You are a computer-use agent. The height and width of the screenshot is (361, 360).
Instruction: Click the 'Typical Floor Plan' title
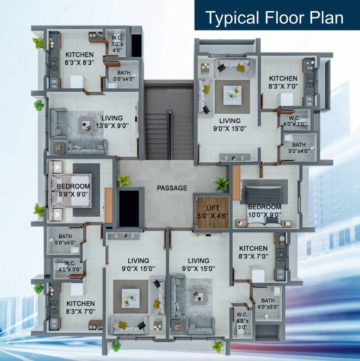[x=274, y=18]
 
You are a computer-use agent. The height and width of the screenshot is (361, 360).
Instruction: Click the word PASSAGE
[x=172, y=188]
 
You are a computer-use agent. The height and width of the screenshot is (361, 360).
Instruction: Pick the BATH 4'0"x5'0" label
[x=268, y=304]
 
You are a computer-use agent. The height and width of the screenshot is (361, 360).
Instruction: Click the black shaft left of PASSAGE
[x=129, y=208]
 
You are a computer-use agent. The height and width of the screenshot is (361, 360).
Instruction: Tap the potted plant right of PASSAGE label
[x=221, y=184]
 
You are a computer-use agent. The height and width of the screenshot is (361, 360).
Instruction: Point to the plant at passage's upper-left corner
[x=124, y=180]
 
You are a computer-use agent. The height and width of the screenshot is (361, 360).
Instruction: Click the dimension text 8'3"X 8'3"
[x=80, y=62]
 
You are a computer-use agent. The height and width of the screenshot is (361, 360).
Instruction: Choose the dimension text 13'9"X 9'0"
[x=112, y=126]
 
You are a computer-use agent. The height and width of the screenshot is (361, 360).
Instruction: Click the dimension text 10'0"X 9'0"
[x=265, y=214]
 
